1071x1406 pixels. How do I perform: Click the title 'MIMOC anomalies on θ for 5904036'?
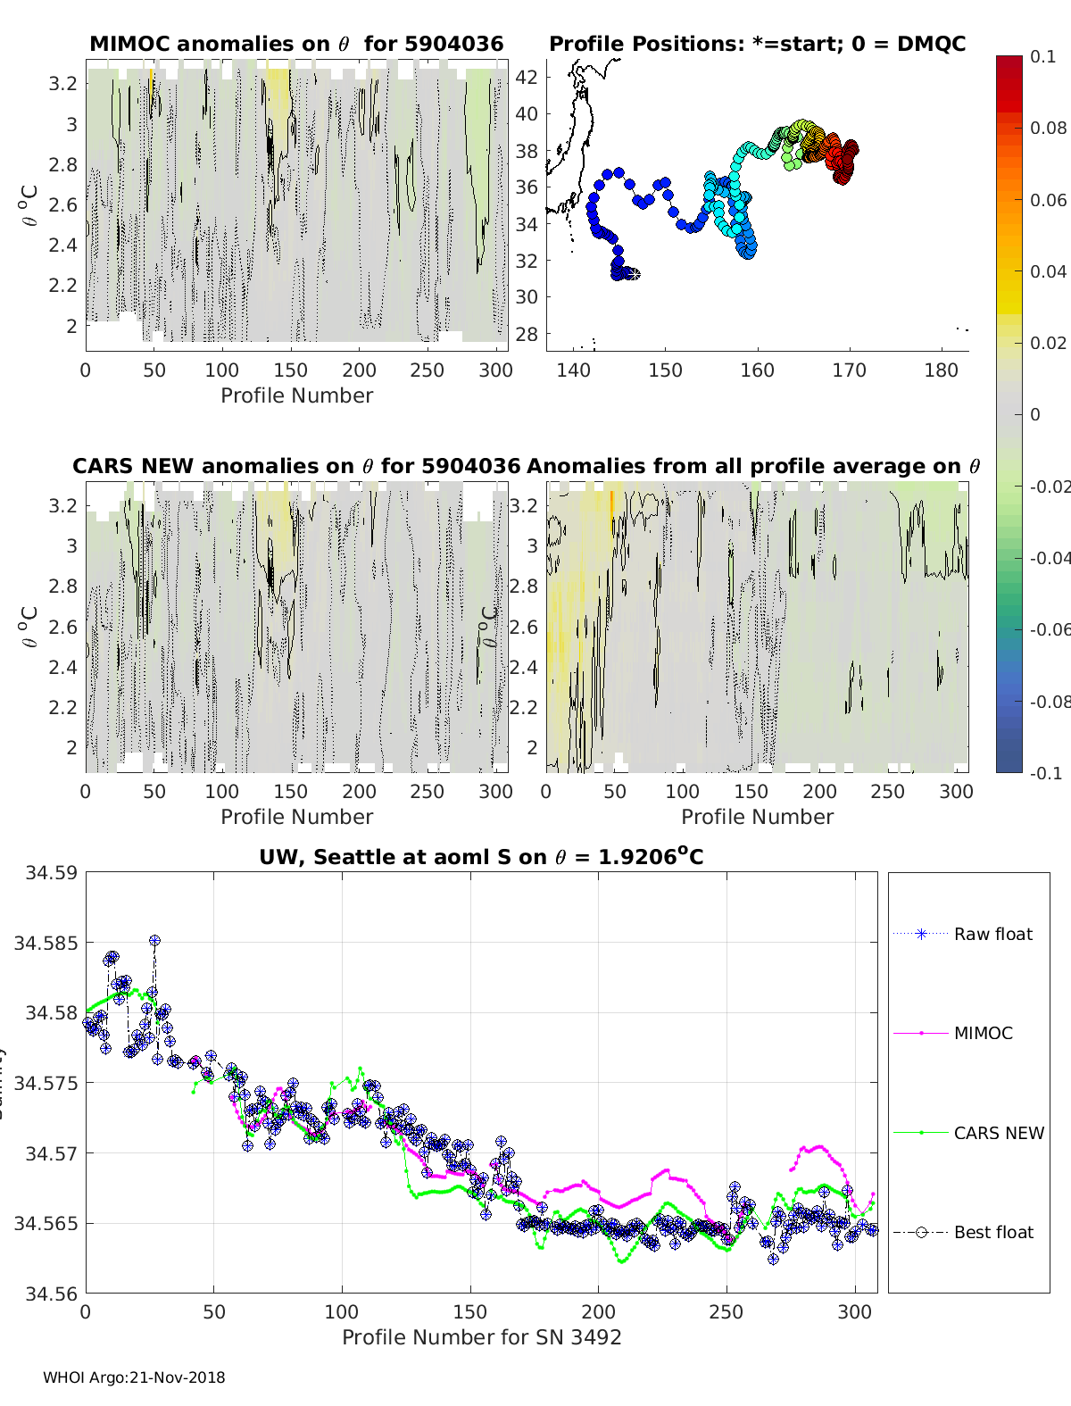296,44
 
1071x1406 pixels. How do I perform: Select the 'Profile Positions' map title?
757,44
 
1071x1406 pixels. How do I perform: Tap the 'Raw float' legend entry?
992,934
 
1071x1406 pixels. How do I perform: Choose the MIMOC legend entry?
983,1033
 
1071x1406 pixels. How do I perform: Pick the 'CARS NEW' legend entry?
998,1133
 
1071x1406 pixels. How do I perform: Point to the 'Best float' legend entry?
992,1232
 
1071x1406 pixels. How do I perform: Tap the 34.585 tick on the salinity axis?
45,943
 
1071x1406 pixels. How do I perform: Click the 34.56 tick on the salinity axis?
50,1293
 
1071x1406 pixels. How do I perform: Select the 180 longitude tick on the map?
941,370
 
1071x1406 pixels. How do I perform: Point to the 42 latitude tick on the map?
527,77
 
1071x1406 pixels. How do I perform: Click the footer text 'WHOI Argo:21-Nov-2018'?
134,1377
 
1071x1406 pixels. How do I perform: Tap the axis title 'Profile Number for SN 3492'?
481,1336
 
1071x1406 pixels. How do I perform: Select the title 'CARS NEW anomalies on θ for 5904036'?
296,466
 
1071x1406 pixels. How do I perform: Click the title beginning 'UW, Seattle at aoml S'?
481,857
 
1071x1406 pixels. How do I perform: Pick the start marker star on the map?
633,274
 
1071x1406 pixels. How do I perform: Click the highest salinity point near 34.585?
154,940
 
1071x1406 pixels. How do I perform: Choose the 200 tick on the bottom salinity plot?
598,1311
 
